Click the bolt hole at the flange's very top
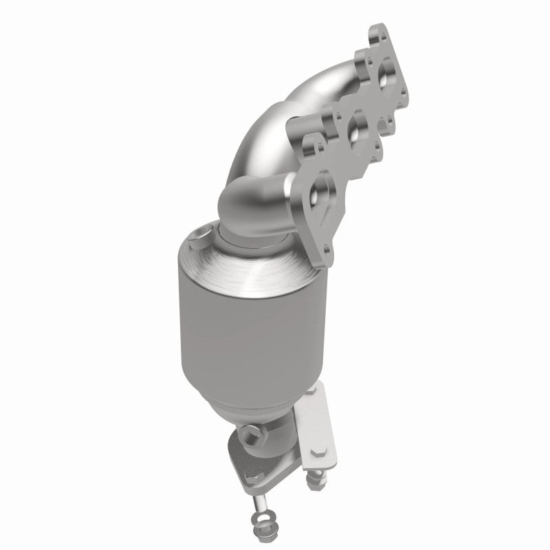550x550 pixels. pyautogui.click(x=377, y=32)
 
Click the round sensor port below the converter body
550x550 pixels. pyautogui.click(x=248, y=434)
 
